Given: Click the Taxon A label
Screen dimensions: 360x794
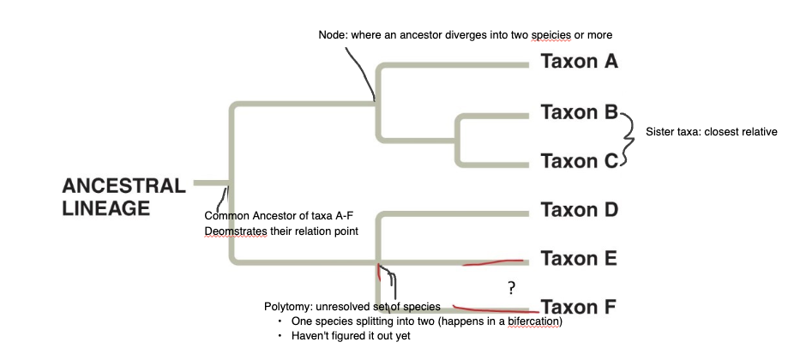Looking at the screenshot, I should (x=580, y=62).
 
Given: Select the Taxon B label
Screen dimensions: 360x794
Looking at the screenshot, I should (x=580, y=112).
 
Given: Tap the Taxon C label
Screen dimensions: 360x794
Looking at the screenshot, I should (x=580, y=160).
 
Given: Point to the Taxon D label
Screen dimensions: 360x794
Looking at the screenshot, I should (x=580, y=209).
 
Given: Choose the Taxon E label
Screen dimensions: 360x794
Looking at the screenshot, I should (x=580, y=258).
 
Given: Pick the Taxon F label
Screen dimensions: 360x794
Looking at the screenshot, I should (x=580, y=307).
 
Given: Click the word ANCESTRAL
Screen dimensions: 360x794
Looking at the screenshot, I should (x=123, y=186).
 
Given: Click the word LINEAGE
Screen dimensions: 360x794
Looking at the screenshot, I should (x=106, y=208).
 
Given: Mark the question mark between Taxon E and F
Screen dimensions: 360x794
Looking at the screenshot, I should (x=511, y=286).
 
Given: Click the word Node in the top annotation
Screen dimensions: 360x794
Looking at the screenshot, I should (x=332, y=35).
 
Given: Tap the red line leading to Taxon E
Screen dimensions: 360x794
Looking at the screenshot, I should (x=493, y=262).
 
